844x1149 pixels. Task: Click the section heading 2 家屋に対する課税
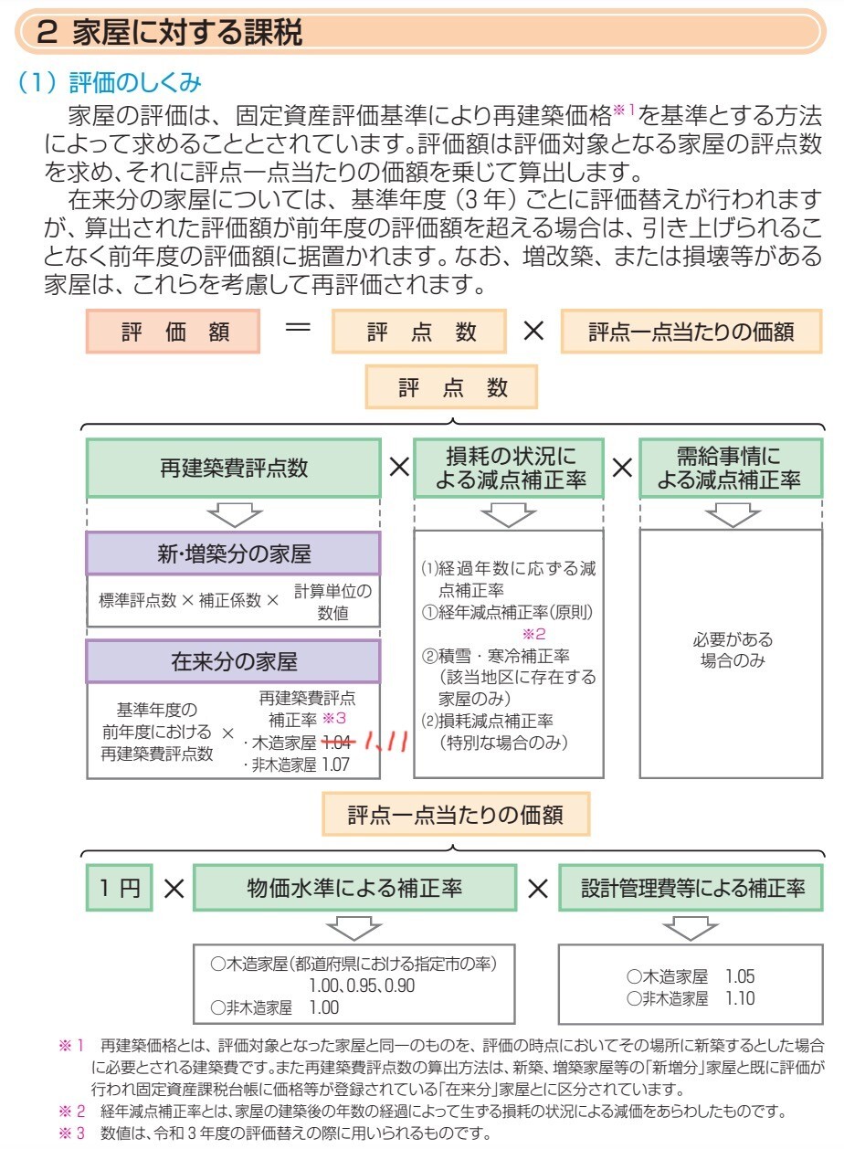click(174, 35)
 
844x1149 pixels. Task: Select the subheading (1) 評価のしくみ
click(109, 84)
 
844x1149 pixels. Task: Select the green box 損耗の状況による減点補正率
click(508, 469)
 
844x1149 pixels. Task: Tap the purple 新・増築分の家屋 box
click(233, 554)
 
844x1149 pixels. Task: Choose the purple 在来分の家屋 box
click(233, 660)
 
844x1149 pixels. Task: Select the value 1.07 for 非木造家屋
click(335, 765)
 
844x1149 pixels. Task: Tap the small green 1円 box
click(118, 888)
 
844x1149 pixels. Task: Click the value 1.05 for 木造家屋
click(740, 975)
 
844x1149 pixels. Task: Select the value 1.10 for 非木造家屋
click(740, 997)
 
